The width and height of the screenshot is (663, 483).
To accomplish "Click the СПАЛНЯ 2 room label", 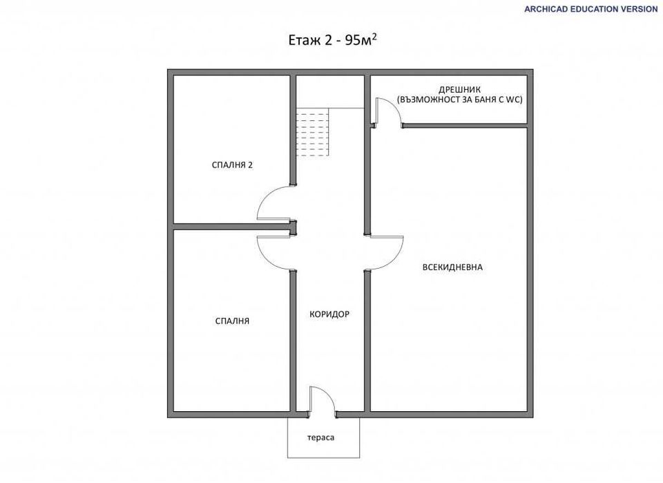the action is [232, 165].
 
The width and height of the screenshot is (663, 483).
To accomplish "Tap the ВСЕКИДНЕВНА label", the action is [452, 267].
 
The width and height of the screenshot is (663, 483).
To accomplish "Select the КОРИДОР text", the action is [329, 314].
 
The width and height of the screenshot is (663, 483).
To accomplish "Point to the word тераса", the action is [320, 438].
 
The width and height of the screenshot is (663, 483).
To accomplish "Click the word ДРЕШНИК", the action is [460, 90].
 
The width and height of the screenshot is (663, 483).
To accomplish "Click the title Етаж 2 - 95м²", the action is [332, 40].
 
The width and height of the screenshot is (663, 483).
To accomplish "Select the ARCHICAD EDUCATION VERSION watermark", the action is [591, 9].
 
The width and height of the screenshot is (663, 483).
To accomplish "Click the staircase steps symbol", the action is [312, 132].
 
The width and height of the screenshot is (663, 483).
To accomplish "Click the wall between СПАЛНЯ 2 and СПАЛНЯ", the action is [232, 227].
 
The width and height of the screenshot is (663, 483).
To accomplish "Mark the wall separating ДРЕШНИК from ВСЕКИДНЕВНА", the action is [465, 126].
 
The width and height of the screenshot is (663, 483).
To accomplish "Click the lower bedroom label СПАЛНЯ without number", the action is [232, 321].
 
